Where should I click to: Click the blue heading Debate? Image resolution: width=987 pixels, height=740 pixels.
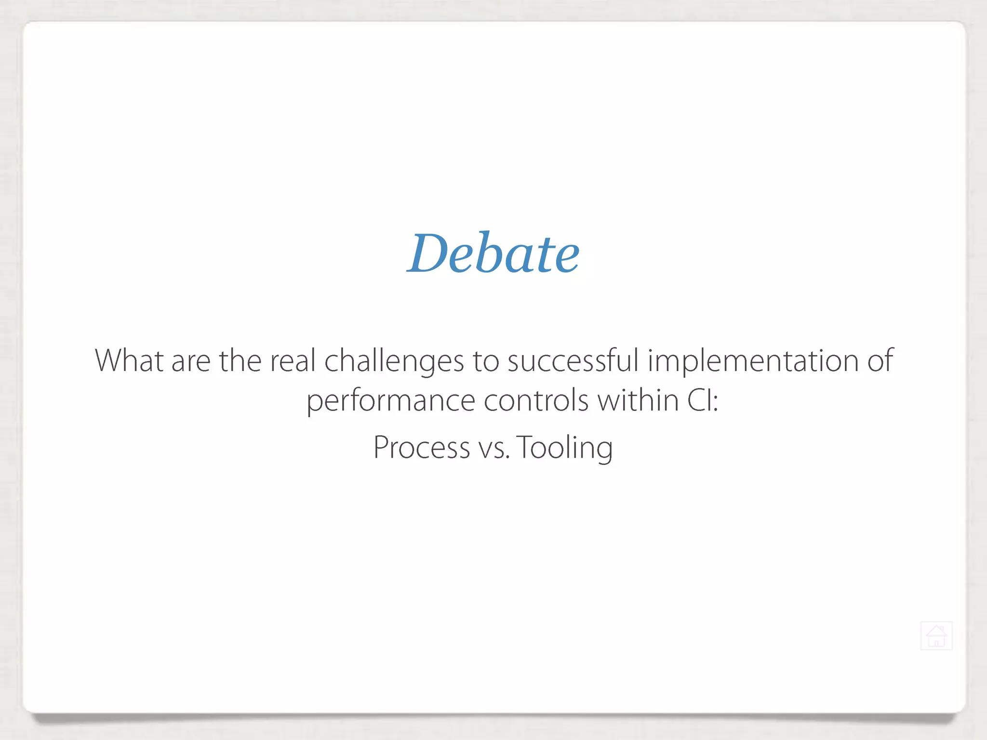pyautogui.click(x=493, y=254)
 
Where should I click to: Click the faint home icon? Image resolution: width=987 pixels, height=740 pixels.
pyautogui.click(x=936, y=636)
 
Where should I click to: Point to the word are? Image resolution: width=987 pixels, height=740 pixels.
pyautogui.click(x=191, y=361)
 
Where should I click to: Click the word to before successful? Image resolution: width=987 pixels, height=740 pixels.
pyautogui.click(x=485, y=361)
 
